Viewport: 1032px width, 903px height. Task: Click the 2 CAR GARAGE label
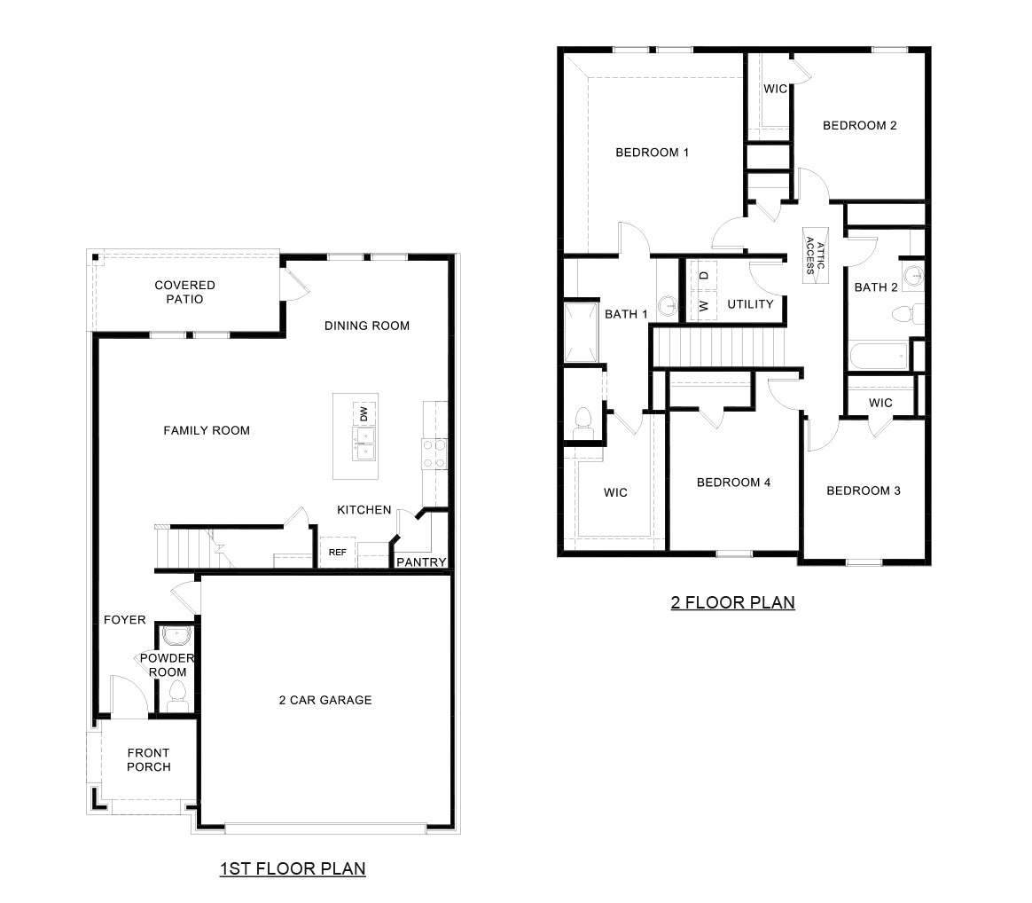pos(324,700)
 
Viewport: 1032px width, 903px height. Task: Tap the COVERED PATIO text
pos(184,292)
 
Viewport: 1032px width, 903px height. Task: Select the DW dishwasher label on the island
pos(364,412)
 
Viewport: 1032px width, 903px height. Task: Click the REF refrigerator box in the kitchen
pos(337,552)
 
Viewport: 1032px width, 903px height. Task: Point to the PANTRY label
pos(420,562)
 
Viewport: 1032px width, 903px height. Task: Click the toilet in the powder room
pos(177,693)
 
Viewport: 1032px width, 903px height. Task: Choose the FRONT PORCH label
pos(148,759)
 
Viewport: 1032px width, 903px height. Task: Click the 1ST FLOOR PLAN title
pos(293,868)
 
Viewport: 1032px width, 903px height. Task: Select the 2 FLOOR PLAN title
pos(732,603)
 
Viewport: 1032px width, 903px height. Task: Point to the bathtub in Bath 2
pos(879,357)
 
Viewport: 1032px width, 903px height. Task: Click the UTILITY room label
pos(750,304)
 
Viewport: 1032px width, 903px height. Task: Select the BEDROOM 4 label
pos(733,483)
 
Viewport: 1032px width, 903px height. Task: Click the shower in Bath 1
pos(581,333)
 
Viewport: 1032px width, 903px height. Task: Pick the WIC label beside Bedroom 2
pos(776,89)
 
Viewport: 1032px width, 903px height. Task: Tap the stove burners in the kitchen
pos(433,453)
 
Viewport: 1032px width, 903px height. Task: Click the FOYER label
pos(124,620)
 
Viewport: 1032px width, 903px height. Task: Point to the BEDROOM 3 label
pos(864,491)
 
